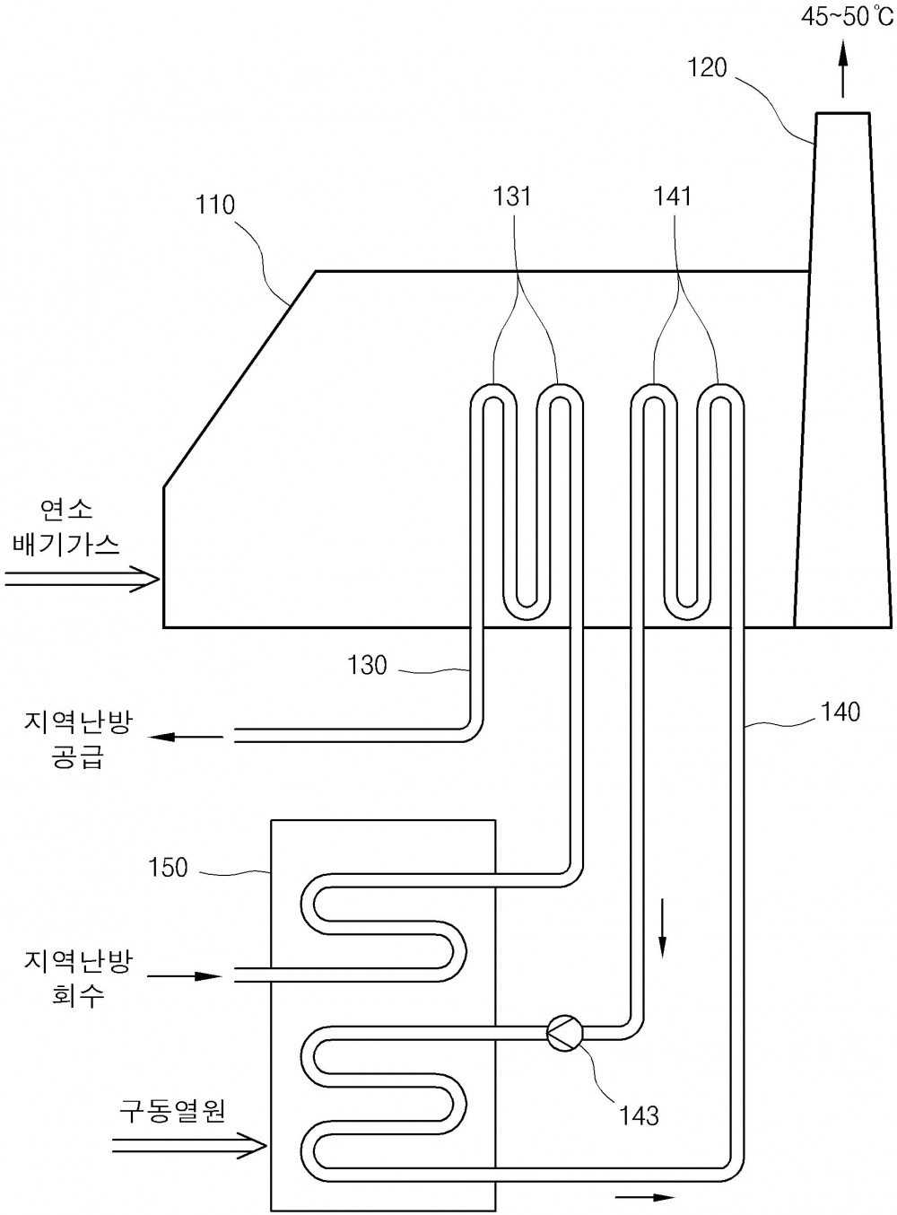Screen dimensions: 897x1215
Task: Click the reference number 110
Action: pos(215,205)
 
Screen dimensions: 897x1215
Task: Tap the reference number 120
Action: pos(707,68)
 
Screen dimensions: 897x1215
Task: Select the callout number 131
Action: pos(512,197)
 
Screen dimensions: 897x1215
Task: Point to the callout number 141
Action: pos(673,197)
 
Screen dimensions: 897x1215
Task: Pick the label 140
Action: pos(840,712)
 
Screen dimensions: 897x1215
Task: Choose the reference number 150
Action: pos(168,867)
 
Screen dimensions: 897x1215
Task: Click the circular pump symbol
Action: pos(565,1033)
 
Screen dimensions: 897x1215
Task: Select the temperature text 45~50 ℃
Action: pos(847,18)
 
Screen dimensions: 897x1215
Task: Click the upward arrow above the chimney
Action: pos(842,68)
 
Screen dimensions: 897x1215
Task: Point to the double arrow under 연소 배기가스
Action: pos(83,579)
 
